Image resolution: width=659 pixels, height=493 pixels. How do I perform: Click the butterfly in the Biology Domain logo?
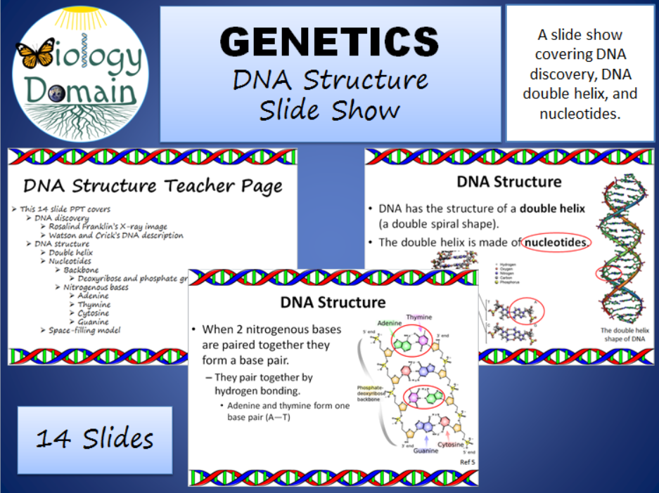coord(35,53)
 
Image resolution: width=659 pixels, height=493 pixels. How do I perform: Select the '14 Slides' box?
coord(94,439)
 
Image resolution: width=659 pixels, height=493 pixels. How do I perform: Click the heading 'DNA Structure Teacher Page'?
coord(153,186)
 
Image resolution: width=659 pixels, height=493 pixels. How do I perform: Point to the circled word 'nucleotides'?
coord(557,242)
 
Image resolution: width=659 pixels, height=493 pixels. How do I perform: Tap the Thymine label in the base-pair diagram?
coord(419,317)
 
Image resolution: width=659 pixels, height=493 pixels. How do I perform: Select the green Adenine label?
coord(389,323)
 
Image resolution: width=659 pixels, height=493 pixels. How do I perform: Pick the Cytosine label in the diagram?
coord(451,445)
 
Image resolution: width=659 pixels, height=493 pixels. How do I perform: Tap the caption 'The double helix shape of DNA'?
coord(623,334)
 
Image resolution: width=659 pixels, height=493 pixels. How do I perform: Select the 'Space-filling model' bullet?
coord(85,330)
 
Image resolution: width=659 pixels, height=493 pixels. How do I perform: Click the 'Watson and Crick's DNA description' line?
coord(116,235)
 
